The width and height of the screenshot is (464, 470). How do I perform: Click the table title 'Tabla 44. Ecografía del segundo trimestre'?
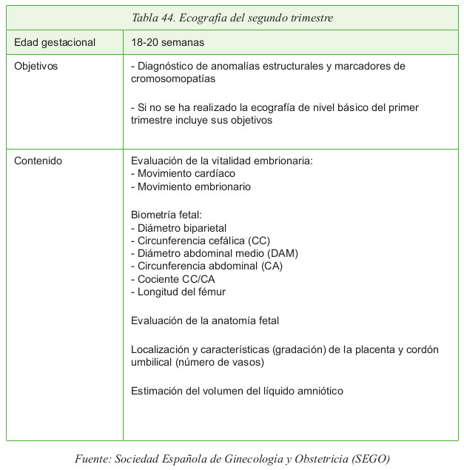(232, 17)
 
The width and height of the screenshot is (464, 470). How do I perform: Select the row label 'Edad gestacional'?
(56, 42)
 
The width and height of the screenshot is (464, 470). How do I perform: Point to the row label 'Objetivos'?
(36, 66)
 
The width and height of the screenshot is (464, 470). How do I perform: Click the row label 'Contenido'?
(38, 160)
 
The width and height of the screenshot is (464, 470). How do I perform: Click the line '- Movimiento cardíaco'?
(183, 173)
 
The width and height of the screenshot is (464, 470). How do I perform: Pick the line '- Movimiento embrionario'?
(190, 187)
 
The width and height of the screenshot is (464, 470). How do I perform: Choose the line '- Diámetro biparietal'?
(178, 228)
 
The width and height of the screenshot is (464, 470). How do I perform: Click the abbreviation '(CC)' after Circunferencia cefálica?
(260, 241)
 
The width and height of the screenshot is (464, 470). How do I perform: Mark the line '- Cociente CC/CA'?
(173, 279)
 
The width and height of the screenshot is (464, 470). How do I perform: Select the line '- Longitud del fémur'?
(178, 292)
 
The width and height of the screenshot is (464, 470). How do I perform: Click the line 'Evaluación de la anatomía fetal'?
(204, 320)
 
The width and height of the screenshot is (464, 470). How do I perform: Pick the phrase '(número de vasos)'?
(220, 362)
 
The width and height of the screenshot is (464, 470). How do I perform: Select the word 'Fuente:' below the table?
(93, 458)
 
